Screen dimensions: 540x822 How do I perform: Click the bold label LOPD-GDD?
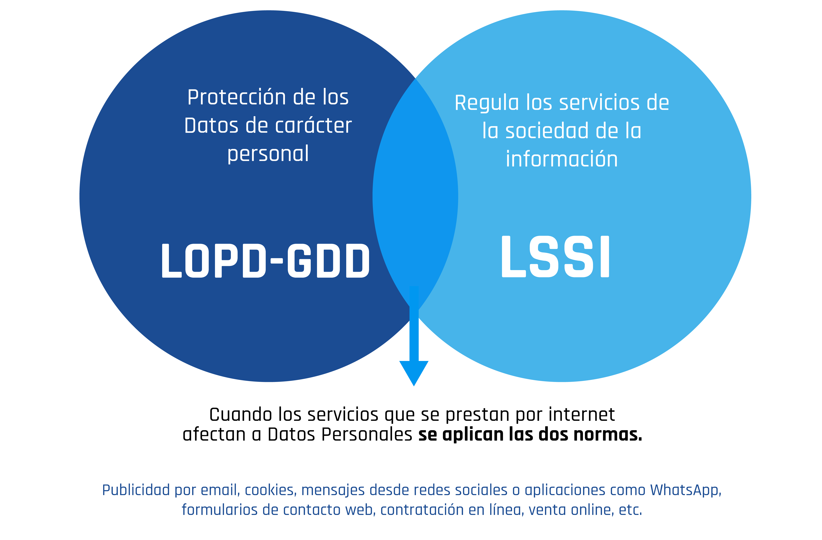coord(265,261)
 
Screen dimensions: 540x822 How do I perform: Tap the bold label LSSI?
coord(555,257)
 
